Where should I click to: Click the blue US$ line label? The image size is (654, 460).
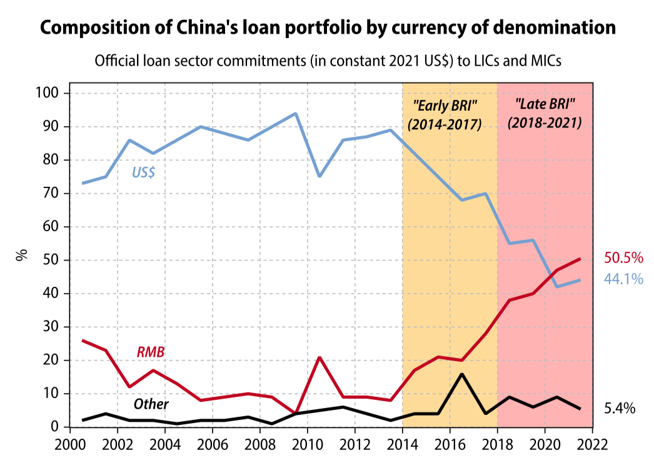pyautogui.click(x=143, y=173)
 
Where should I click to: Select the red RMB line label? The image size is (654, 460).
pyautogui.click(x=151, y=352)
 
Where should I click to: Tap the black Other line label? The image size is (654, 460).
pyautogui.click(x=151, y=404)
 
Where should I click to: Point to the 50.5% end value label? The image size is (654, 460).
pyautogui.click(x=623, y=258)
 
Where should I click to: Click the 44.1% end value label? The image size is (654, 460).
pyautogui.click(x=623, y=279)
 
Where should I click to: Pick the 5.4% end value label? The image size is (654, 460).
pyautogui.click(x=620, y=409)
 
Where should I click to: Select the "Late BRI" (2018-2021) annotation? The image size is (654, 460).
pyautogui.click(x=545, y=112)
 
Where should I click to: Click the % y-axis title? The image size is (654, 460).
pyautogui.click(x=21, y=254)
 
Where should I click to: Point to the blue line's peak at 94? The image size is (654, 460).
pyautogui.click(x=295, y=114)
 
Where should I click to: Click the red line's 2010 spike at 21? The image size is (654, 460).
pyautogui.click(x=319, y=357)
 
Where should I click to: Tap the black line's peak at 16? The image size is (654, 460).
pyautogui.click(x=462, y=374)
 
